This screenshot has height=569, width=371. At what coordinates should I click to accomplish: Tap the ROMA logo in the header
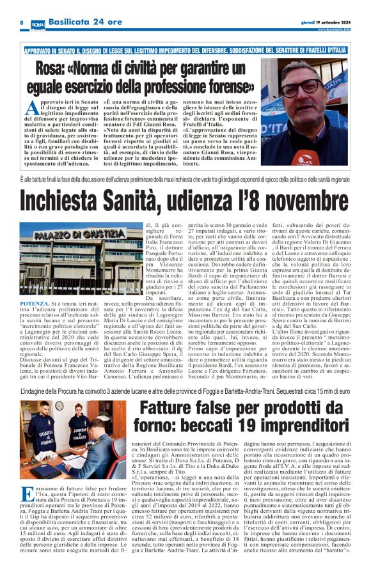pos(38,22)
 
